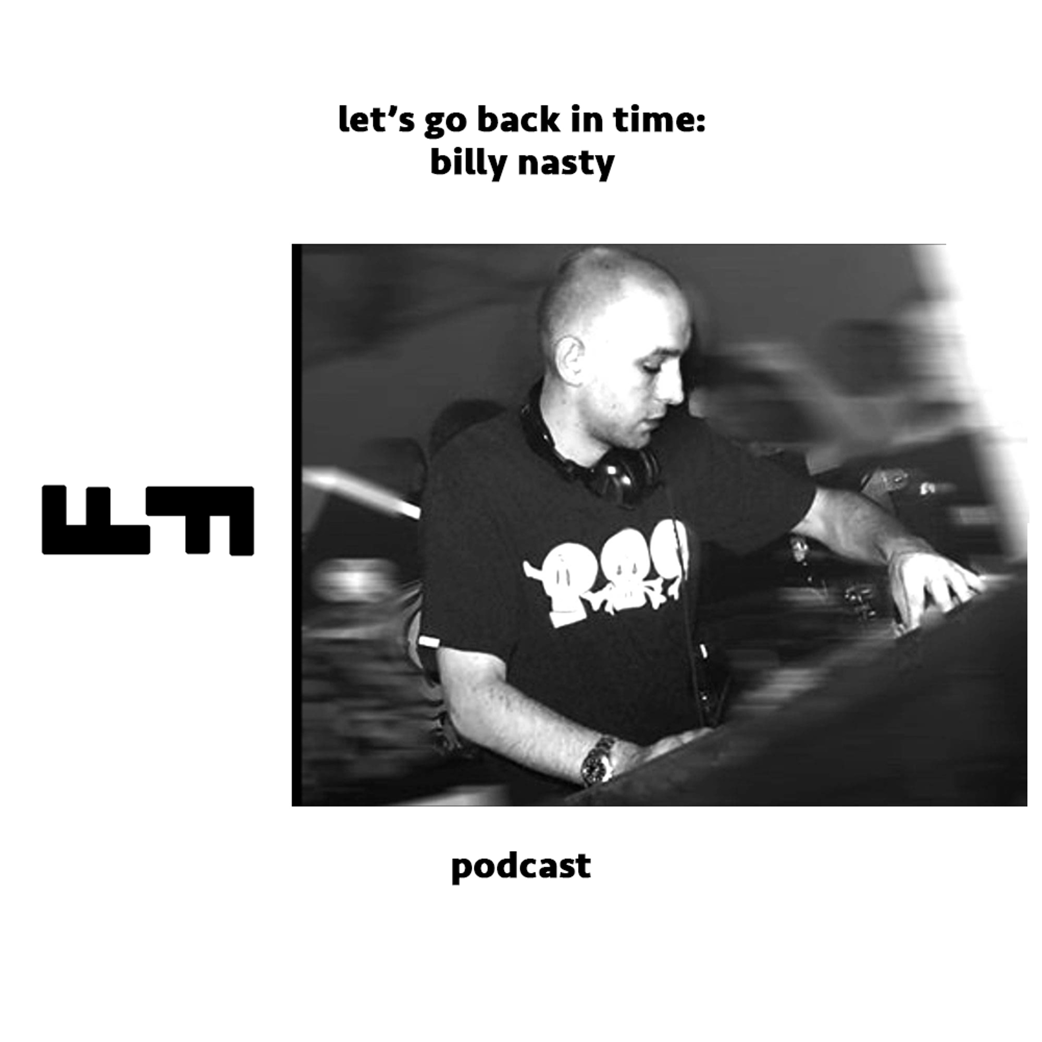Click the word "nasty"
[x=566, y=163]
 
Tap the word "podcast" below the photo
[x=521, y=868]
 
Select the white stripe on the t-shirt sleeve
[x=430, y=642]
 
